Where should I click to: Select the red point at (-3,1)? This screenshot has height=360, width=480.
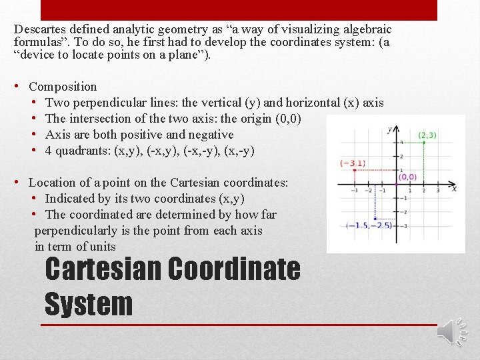[354, 170]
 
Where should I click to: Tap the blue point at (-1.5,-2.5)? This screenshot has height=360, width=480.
[376, 219]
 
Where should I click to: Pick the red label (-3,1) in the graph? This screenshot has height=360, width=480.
[353, 163]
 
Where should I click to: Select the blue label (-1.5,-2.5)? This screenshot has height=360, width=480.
[369, 225]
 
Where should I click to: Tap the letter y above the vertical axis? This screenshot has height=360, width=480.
[390, 128]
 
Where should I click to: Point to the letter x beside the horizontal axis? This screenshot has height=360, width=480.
[453, 189]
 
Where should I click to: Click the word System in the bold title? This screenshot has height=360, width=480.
[89, 304]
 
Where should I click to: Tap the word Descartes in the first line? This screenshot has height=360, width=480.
[41, 29]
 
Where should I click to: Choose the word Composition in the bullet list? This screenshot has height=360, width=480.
[63, 87]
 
